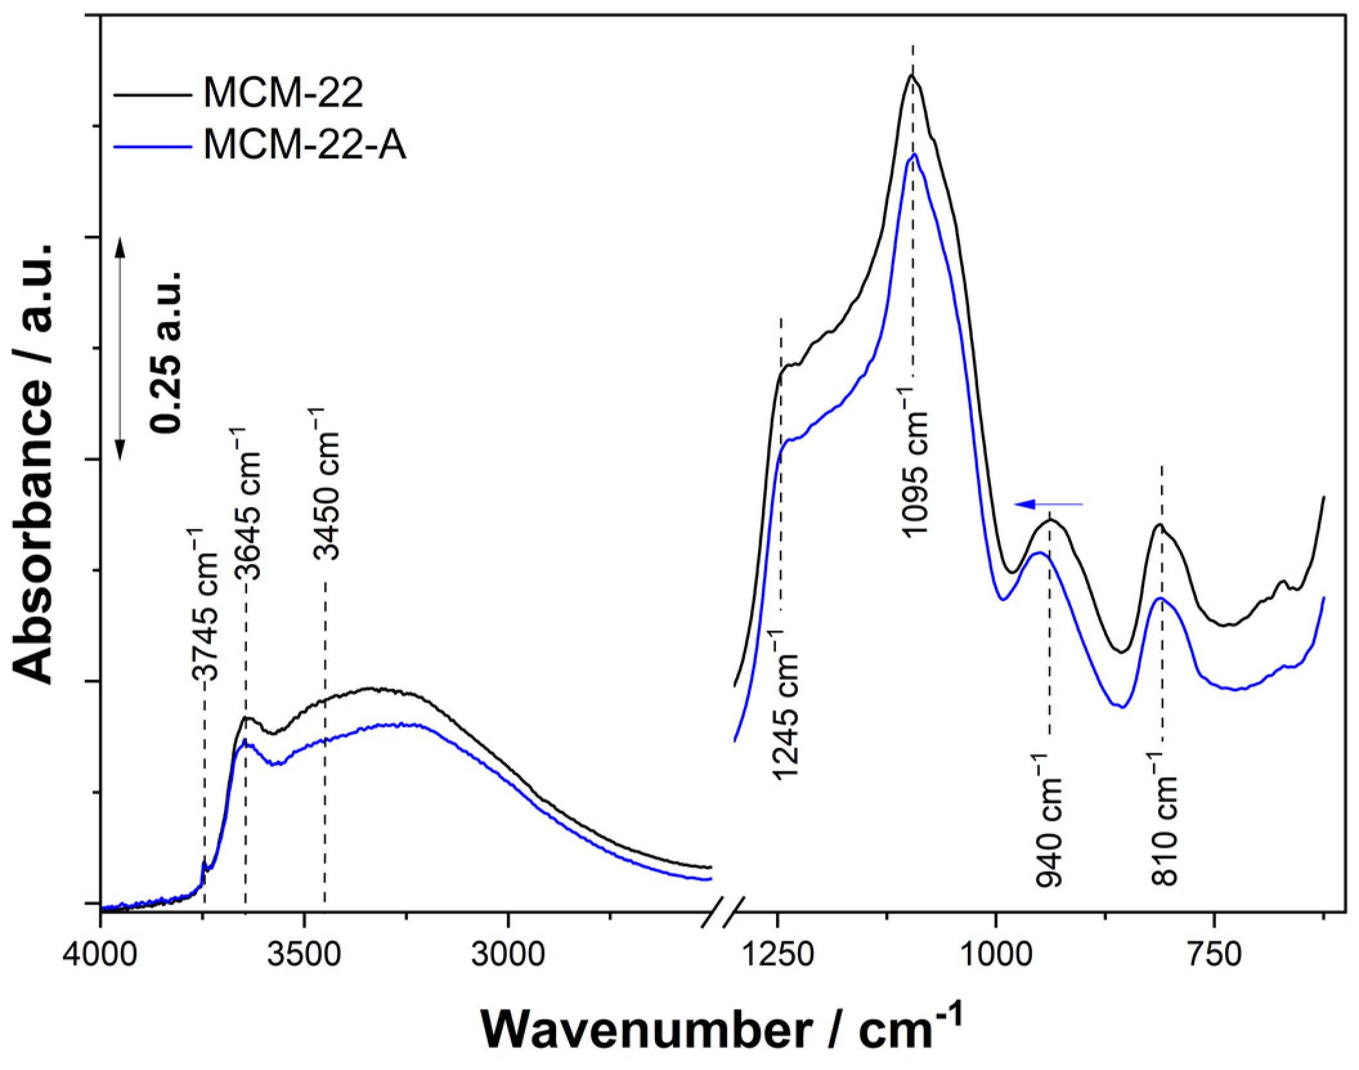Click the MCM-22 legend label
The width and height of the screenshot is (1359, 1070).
click(283, 95)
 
